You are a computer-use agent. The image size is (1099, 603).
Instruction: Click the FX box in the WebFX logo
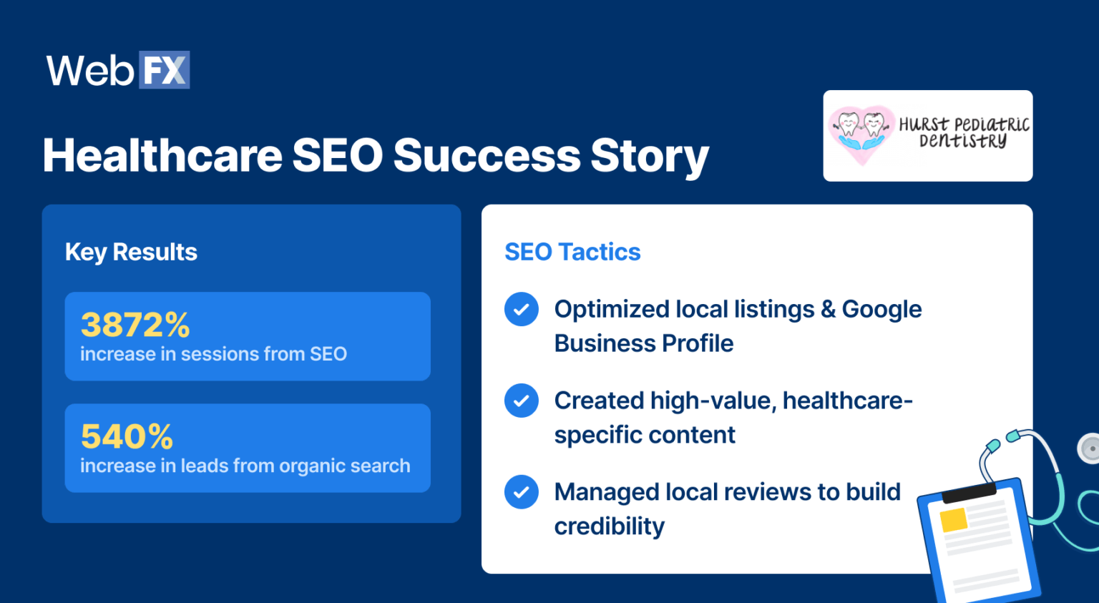pos(164,70)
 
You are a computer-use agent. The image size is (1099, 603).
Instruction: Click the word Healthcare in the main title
pos(162,155)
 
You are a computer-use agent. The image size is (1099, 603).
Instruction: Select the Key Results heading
pos(131,252)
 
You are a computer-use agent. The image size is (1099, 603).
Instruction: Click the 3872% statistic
pos(135,325)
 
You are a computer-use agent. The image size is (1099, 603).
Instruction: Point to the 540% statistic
pos(127,436)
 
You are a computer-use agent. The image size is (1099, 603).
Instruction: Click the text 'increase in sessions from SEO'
pos(213,354)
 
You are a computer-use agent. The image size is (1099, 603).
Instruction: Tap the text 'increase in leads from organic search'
pos(245,466)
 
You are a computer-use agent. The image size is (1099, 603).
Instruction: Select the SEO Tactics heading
pos(572,252)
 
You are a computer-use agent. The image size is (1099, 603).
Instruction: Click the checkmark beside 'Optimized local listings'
pos(522,309)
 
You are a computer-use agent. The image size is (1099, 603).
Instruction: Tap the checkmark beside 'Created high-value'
pos(522,401)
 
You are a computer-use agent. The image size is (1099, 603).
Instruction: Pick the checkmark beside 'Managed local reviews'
pos(522,492)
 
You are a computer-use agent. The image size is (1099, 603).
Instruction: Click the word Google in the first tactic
pos(881,309)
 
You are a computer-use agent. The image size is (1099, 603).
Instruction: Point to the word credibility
pos(609,526)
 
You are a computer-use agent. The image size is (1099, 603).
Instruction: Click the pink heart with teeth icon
pos(861,132)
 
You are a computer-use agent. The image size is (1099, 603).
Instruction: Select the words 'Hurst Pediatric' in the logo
pos(964,124)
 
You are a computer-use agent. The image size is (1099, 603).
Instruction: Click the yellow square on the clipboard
pos(953,520)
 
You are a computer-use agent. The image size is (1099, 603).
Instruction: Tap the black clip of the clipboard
pos(969,493)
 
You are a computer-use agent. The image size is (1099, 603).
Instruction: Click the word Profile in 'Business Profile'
pos(698,343)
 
